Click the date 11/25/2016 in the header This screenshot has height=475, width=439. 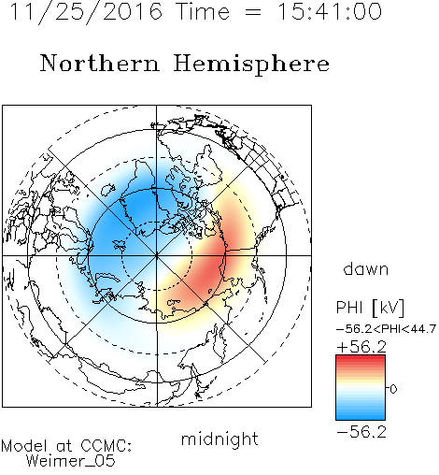[x=86, y=12]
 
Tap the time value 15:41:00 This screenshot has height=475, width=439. [x=330, y=11]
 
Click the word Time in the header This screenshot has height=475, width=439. [x=203, y=11]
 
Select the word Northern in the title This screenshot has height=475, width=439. [x=99, y=63]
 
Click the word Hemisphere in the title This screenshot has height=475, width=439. [x=251, y=65]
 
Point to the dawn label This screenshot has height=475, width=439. [x=366, y=268]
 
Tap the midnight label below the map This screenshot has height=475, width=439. [x=219, y=439]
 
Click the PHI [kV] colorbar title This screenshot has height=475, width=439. [x=370, y=308]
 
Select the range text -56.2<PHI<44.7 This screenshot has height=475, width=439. [x=386, y=329]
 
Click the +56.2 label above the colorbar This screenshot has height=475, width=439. [x=361, y=347]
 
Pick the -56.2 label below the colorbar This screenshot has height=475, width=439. [x=361, y=432]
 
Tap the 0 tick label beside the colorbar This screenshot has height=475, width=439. [x=393, y=389]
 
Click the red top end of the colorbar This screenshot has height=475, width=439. [x=361, y=357]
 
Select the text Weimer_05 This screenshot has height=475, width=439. [x=71, y=461]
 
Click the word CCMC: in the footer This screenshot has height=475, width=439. [x=106, y=446]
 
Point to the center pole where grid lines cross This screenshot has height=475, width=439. [x=156, y=255]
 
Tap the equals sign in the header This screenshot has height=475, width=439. [x=253, y=12]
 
